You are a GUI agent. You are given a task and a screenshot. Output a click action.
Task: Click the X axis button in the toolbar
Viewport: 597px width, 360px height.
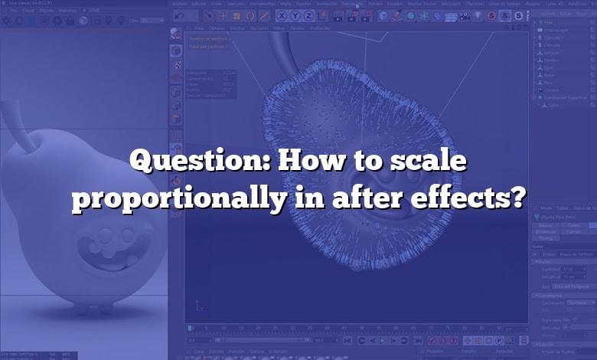pos(282,15)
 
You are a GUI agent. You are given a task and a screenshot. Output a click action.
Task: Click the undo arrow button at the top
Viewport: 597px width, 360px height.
pos(180,15)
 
